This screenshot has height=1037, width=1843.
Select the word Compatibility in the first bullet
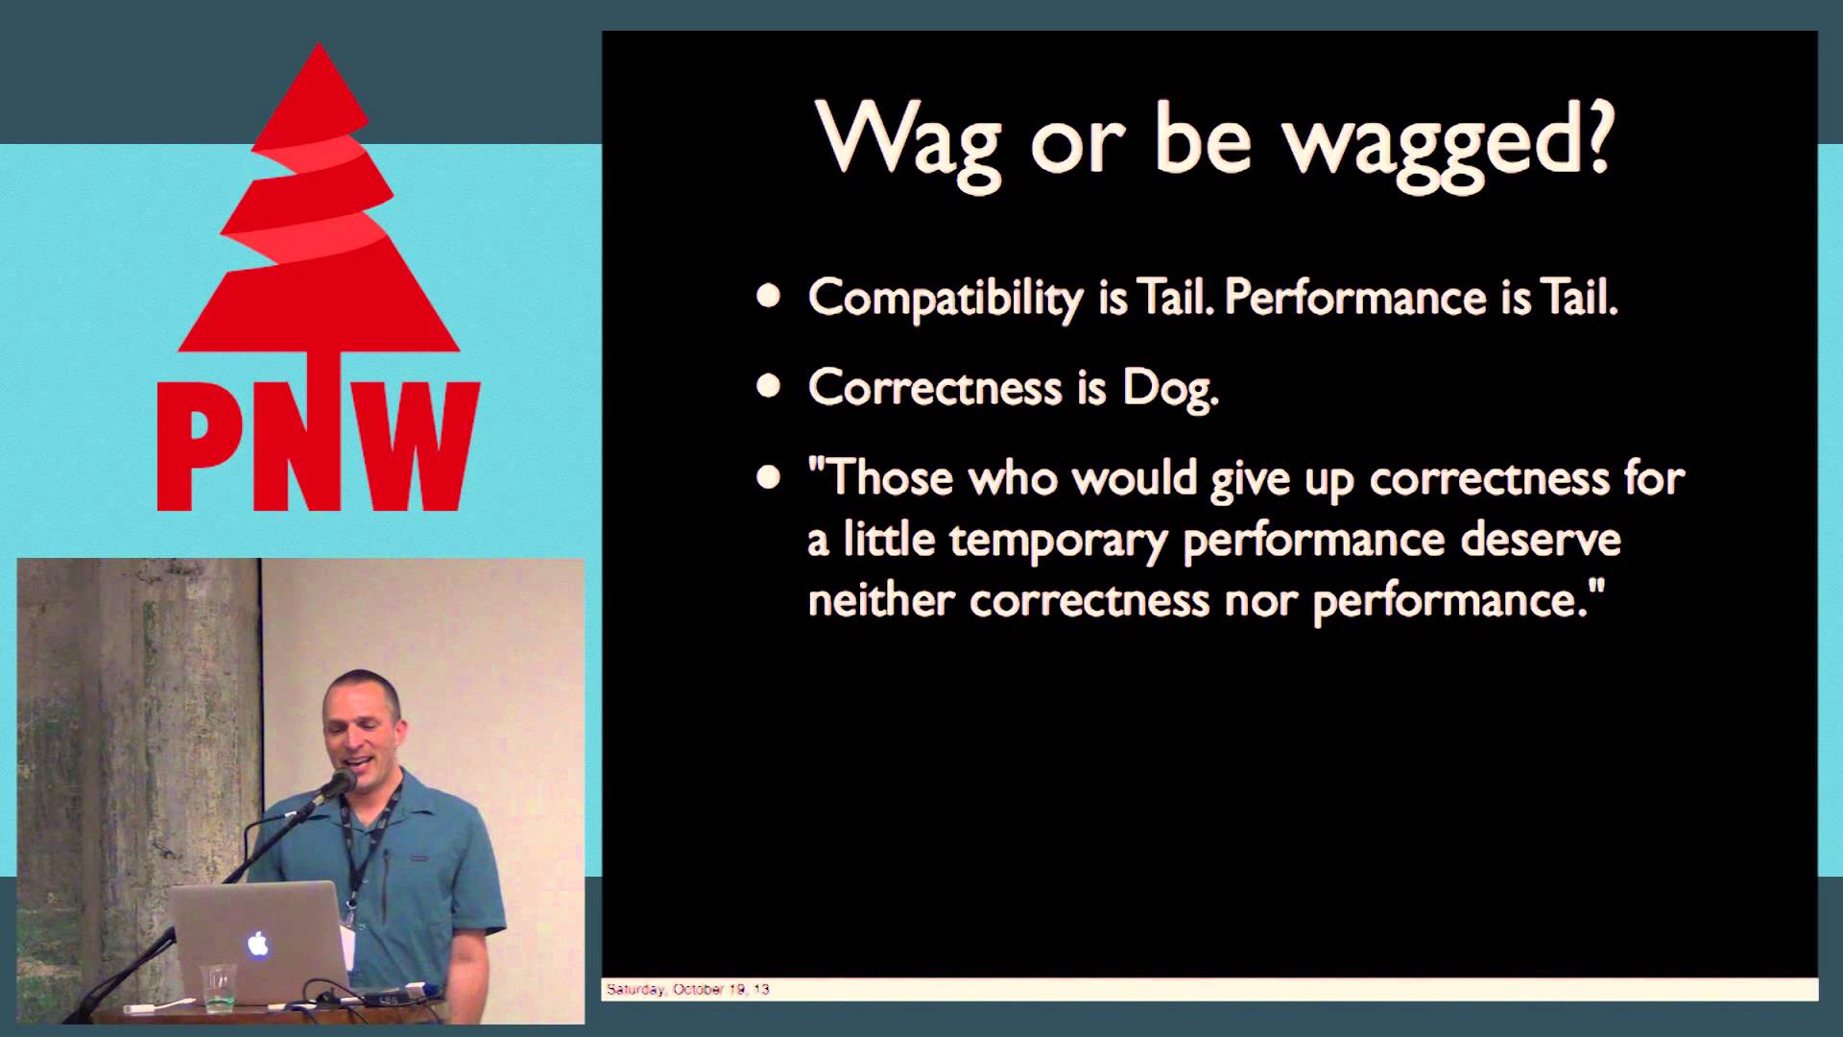coord(945,298)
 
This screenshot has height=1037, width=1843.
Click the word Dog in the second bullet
coord(1170,388)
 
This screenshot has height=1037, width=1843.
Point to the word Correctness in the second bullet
coord(935,387)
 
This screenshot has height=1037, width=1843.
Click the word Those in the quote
coord(890,477)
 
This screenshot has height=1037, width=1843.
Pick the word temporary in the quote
coord(1058,541)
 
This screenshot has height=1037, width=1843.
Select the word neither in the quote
coord(880,599)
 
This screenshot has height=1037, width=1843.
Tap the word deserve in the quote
coord(1541,539)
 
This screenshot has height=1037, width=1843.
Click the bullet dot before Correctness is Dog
coord(768,386)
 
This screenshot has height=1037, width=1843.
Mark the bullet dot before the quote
coord(768,476)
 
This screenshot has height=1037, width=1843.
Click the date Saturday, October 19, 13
coord(687,989)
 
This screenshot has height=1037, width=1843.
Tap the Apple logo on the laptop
coord(257,943)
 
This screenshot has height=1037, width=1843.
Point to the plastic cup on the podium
coord(219,986)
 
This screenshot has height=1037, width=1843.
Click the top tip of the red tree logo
coord(318,43)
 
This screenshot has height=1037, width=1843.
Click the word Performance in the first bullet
coord(1356,298)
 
